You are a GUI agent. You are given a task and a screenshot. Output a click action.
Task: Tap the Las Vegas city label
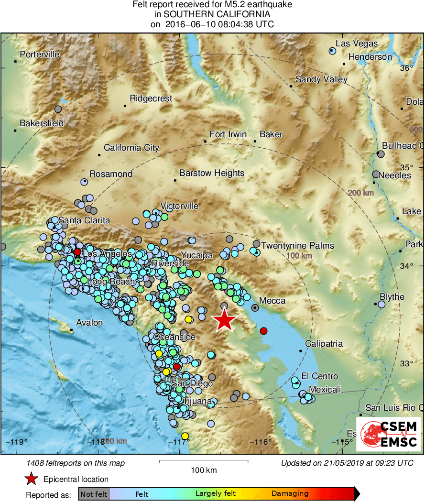tap(356, 44)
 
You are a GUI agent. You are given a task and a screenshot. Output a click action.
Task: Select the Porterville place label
tap(40, 55)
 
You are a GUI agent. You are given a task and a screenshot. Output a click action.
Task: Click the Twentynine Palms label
tap(297, 246)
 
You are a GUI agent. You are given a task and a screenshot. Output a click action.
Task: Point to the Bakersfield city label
tap(42, 123)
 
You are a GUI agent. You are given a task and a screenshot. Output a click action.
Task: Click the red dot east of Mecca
tap(263, 331)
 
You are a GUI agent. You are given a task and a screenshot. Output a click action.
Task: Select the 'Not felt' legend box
tap(94, 494)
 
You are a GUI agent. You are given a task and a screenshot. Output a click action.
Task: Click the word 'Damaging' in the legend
tap(290, 494)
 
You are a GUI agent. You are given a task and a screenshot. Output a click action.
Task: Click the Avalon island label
tap(90, 323)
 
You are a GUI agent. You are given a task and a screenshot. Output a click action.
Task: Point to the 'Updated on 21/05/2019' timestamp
tap(347, 463)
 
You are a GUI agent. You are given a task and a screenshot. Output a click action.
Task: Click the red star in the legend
tap(32, 479)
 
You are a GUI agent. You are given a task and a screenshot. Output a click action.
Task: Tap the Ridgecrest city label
tap(151, 99)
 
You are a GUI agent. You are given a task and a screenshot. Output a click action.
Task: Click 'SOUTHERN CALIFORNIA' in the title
tap(212, 14)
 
